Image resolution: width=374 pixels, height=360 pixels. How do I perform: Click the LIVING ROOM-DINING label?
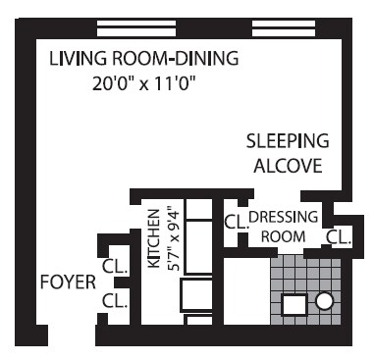click(x=143, y=59)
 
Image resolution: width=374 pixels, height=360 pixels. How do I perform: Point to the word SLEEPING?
click(x=287, y=141)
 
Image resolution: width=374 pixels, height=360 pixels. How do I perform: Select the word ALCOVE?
click(x=287, y=166)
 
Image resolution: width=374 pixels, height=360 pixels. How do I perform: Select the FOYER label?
click(x=68, y=283)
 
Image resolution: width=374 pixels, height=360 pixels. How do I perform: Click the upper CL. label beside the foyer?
click(x=115, y=265)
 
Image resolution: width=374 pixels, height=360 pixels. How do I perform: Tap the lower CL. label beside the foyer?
click(x=115, y=301)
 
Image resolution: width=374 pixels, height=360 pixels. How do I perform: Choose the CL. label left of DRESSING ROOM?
click(x=236, y=222)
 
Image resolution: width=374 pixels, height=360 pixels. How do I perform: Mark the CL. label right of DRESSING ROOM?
click(x=338, y=236)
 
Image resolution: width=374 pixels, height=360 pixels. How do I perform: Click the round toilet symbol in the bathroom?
click(x=325, y=303)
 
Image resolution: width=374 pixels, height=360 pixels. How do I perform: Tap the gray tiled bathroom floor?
click(x=304, y=275)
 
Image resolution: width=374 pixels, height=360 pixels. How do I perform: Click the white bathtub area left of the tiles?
click(x=244, y=294)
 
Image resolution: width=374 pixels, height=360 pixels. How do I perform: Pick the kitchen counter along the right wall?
click(x=200, y=245)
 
